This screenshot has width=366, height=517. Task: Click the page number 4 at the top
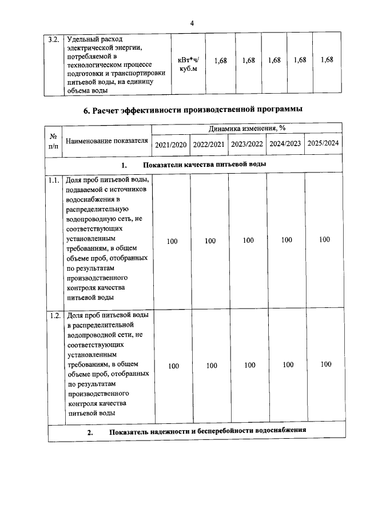192,23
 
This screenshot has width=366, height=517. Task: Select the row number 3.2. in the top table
54,40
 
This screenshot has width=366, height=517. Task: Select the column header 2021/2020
171,145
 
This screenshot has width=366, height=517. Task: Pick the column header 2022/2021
209,145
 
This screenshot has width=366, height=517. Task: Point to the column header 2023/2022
247,144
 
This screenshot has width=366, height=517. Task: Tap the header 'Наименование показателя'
107,141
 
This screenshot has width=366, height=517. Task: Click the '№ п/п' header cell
54,141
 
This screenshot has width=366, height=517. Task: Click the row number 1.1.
54,180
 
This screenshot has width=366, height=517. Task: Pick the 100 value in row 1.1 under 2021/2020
172,241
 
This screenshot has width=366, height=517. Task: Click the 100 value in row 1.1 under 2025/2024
324,240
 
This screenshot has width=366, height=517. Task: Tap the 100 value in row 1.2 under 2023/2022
249,364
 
